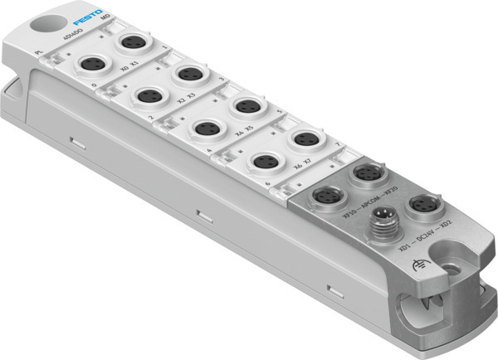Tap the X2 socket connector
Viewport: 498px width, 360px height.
click(149, 95)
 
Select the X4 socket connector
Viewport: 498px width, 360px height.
click(206, 129)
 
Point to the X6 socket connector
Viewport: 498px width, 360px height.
click(266, 160)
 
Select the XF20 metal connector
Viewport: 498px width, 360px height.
click(365, 173)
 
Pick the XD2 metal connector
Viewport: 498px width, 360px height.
click(422, 204)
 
